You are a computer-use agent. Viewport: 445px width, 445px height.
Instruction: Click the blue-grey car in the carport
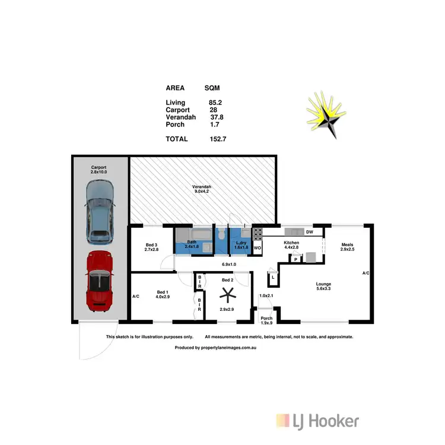coord(99,212)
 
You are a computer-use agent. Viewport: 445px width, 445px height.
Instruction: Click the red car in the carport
coord(99,281)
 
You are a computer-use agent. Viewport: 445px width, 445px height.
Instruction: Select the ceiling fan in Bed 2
coord(226,294)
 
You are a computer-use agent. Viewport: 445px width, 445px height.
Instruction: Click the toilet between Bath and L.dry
coord(220,235)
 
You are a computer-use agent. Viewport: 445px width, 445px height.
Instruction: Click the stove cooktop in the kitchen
coord(258,233)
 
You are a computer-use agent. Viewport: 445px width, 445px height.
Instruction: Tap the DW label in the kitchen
coord(309,232)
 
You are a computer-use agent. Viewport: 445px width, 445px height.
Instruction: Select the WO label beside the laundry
coord(258,247)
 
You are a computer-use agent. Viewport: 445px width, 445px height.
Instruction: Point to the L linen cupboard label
coord(272,277)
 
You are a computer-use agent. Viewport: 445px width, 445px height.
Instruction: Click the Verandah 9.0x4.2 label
coord(203,189)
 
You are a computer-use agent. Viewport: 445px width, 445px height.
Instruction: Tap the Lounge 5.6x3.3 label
coord(323,287)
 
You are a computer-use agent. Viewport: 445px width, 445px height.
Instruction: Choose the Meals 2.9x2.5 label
coord(348,246)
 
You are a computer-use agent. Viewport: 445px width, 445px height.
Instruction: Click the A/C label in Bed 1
coord(135,296)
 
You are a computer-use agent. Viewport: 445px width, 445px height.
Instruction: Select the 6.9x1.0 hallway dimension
coord(229,263)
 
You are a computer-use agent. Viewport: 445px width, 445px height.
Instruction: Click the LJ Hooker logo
coord(317,421)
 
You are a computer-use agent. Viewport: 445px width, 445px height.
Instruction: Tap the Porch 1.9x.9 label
coord(267,321)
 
